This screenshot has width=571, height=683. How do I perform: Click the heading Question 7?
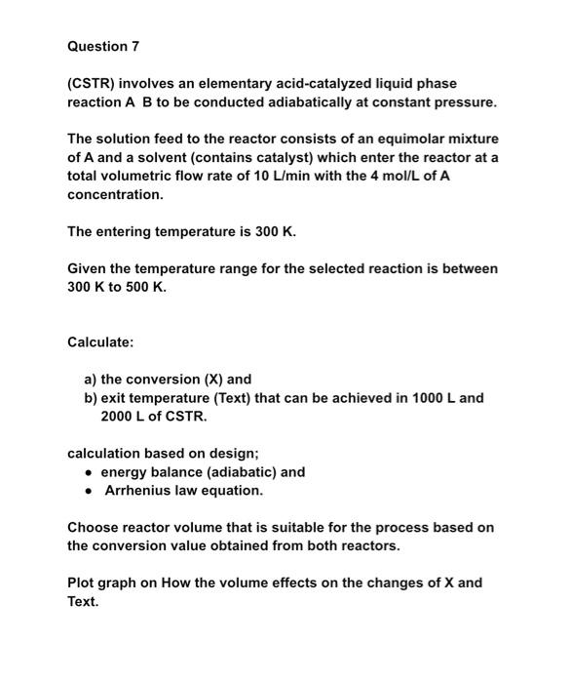point(97,47)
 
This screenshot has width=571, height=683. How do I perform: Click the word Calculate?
point(100,342)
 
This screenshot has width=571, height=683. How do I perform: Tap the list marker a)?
point(91,380)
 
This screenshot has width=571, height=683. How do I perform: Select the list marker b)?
point(91,398)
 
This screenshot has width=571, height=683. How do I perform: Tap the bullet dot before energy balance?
point(90,472)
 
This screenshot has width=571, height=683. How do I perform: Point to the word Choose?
point(92,527)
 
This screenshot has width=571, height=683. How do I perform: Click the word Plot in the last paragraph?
point(82,583)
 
